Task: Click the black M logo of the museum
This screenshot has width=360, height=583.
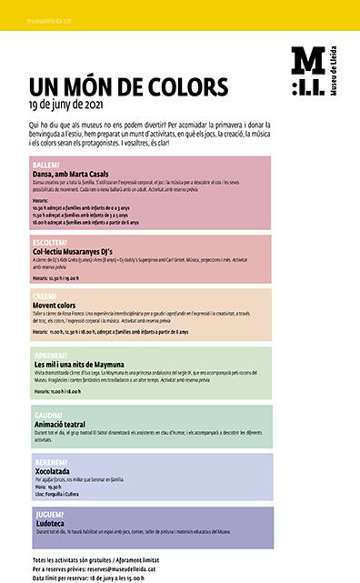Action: click(306, 71)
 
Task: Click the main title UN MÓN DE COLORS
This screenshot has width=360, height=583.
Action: click(128, 87)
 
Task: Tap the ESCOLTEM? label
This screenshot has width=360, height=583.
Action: click(50, 243)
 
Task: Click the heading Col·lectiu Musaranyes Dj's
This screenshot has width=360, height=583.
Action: click(75, 252)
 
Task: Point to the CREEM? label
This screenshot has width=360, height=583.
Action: click(45, 296)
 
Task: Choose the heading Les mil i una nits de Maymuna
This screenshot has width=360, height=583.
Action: click(79, 364)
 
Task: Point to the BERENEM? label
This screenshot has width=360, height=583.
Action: click(49, 462)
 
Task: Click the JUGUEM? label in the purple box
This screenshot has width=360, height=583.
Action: click(48, 514)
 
